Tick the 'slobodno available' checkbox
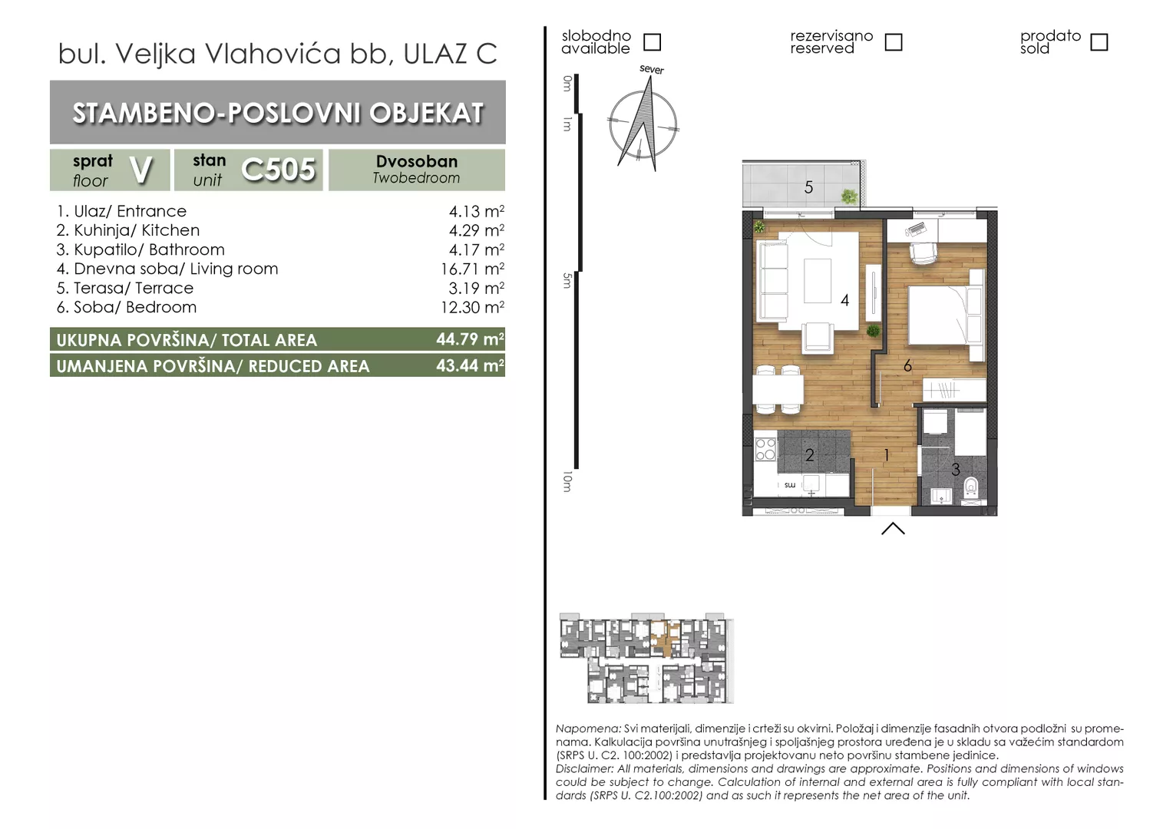[652, 42]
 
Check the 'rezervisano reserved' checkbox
[894, 42]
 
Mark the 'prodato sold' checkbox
[1099, 42]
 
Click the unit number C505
[278, 170]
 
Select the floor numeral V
[140, 170]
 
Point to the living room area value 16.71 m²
[472, 269]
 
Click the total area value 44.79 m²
[471, 339]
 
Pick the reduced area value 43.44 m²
[471, 365]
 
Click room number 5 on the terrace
[808, 187]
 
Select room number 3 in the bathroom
[956, 470]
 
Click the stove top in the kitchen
[765, 449]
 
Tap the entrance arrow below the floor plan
[893, 528]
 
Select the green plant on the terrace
[849, 197]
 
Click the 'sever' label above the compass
[652, 70]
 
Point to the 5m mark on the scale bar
[567, 281]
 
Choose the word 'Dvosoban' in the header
[417, 161]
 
